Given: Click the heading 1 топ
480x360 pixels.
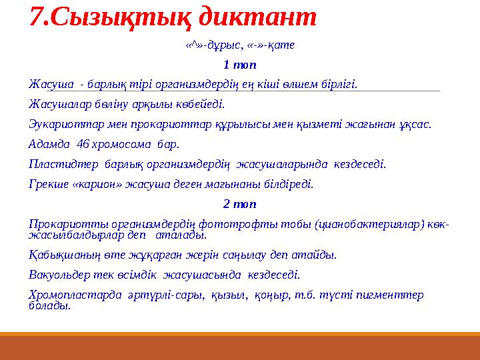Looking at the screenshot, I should click(239, 65).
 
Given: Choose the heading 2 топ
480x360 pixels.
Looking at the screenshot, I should click(239, 203).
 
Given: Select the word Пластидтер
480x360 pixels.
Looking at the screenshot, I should click(61, 163).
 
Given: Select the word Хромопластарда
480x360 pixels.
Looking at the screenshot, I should click(69, 295).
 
